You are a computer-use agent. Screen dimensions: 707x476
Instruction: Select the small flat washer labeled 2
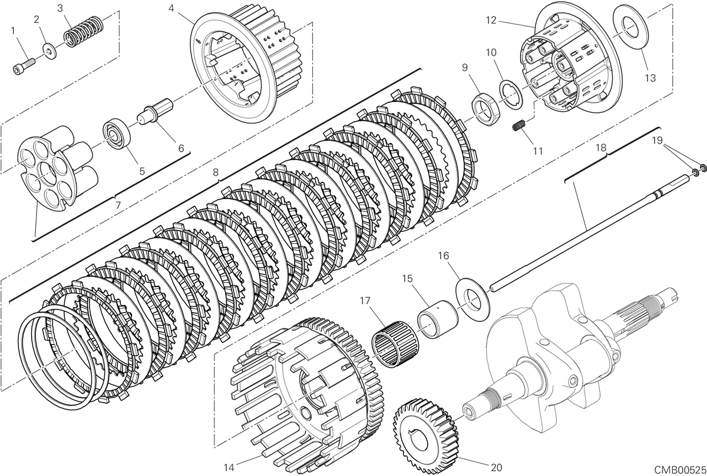click(x=49, y=51)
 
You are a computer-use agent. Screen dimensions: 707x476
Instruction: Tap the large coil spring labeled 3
click(x=84, y=32)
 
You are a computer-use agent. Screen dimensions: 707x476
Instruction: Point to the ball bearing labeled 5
click(x=117, y=134)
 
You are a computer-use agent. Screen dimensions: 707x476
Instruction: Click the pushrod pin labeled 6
click(x=155, y=112)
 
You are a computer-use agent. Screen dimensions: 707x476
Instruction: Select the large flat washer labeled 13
click(x=630, y=27)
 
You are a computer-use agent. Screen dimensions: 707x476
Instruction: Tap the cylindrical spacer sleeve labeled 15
click(x=438, y=319)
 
